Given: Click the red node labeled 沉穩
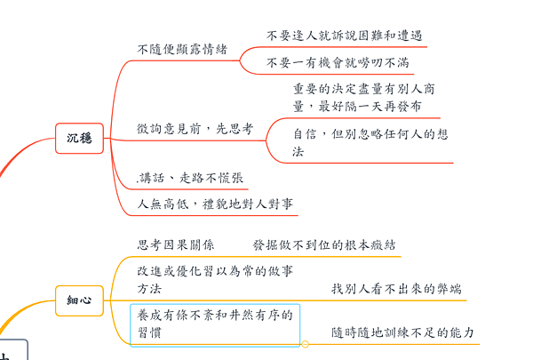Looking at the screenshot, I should point(79,137).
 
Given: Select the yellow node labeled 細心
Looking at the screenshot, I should point(79,300).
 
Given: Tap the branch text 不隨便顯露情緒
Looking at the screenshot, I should point(182,49).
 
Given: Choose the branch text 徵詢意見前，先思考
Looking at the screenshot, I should point(195,129).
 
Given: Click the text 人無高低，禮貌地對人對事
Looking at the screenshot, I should point(216,204).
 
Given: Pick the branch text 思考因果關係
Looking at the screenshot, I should point(175,244).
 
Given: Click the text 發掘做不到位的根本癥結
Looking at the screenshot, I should point(324,244).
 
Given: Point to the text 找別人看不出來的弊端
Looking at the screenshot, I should point(396,289).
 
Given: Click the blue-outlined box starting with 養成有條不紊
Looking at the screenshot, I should point(215,324).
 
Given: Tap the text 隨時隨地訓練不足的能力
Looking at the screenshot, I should point(402,333).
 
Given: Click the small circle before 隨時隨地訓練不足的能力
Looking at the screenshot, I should point(306,343).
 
